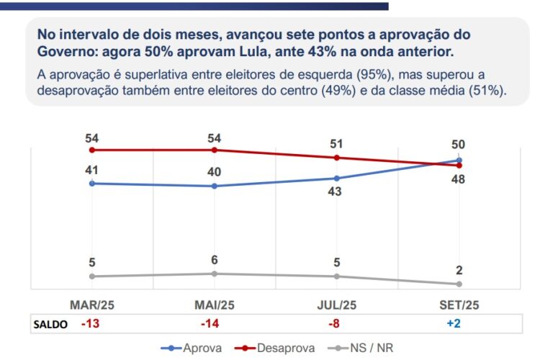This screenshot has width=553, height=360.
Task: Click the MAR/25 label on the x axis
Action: [x=91, y=305]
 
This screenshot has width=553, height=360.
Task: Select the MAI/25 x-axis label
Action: [x=215, y=305]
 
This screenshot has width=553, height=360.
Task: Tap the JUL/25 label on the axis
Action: [x=336, y=305]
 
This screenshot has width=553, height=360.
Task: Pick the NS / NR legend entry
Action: [x=367, y=348]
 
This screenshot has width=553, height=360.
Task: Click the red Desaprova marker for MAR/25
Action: [x=91, y=150]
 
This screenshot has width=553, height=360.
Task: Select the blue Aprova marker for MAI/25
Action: [x=215, y=186]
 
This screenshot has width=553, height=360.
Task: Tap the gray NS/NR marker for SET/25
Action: [x=459, y=284]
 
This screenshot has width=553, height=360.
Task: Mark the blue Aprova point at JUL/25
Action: [x=336, y=178]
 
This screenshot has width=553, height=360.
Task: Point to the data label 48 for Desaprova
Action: [x=459, y=179]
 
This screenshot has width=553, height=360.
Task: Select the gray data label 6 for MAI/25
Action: [x=215, y=260]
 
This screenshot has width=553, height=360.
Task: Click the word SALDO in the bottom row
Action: [x=51, y=324]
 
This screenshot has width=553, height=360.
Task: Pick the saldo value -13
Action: [x=90, y=324]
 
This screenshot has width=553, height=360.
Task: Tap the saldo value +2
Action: [x=454, y=324]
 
